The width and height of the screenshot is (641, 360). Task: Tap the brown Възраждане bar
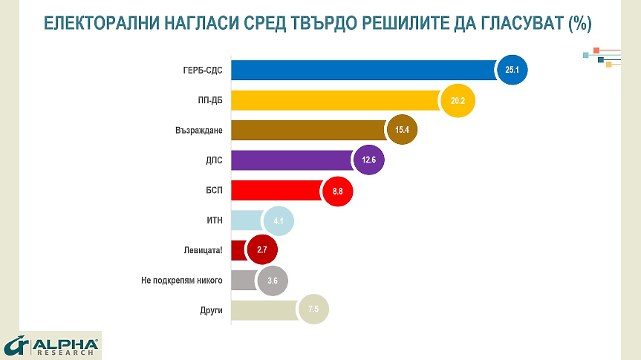[x=308, y=130]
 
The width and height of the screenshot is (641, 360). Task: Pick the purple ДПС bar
[x=291, y=160]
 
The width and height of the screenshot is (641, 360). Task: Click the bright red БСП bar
[x=276, y=191]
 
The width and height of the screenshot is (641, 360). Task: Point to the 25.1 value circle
[x=511, y=70]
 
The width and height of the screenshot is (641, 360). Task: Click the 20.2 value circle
[x=458, y=100]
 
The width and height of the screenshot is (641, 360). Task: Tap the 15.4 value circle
[x=402, y=130]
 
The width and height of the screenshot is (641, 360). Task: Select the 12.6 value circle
[x=368, y=160]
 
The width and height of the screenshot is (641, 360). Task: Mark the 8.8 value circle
[x=337, y=191]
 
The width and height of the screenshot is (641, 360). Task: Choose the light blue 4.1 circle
[x=279, y=220]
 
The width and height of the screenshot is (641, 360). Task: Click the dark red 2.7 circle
[x=261, y=250]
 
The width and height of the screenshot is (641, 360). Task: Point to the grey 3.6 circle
[x=272, y=280]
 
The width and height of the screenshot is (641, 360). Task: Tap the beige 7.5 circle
[x=313, y=310]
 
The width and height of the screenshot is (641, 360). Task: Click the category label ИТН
[x=214, y=220]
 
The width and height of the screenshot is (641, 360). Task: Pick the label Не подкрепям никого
[x=181, y=280]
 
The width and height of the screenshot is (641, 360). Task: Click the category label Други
[x=211, y=310]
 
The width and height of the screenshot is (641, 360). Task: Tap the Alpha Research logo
[x=51, y=345]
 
